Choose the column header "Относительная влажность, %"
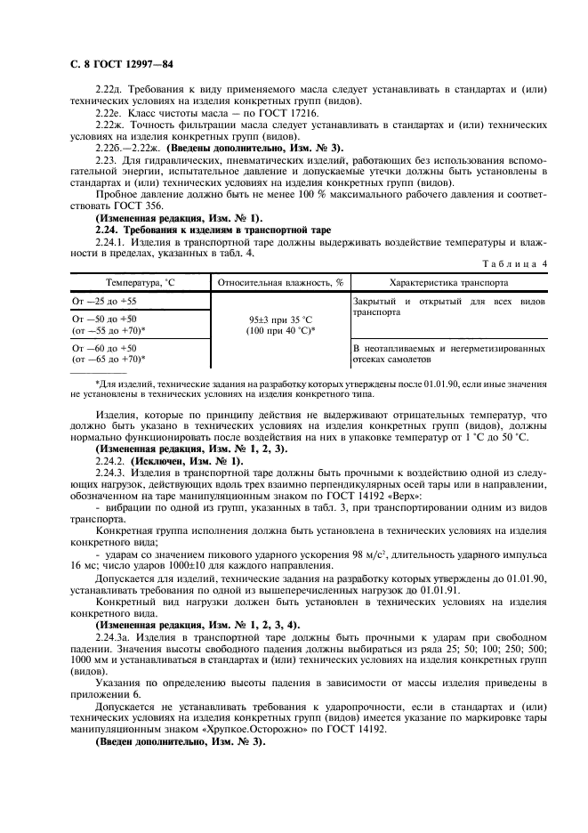coord(278,282)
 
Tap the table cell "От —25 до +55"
coord(104,302)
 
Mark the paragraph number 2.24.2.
coord(111,461)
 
